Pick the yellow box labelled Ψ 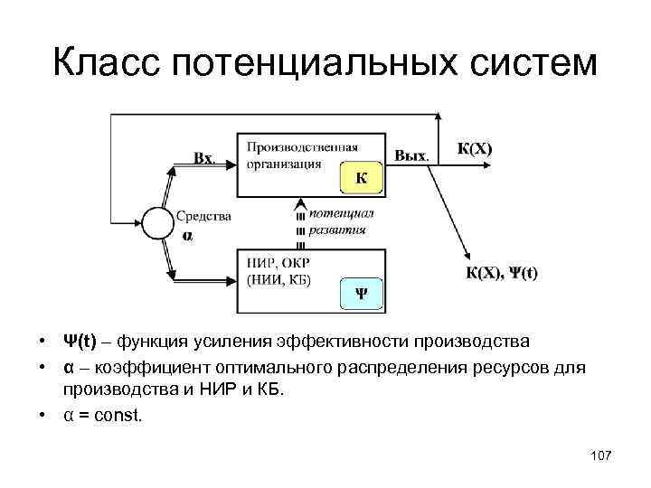pyautogui.click(x=361, y=293)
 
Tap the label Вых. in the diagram pyautogui.click(x=411, y=155)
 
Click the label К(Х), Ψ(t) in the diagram pyautogui.click(x=501, y=272)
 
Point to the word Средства pyautogui.click(x=203, y=216)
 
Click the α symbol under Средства pyautogui.click(x=187, y=235)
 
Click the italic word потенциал pyautogui.click(x=340, y=213)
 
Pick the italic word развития pyautogui.click(x=336, y=230)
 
